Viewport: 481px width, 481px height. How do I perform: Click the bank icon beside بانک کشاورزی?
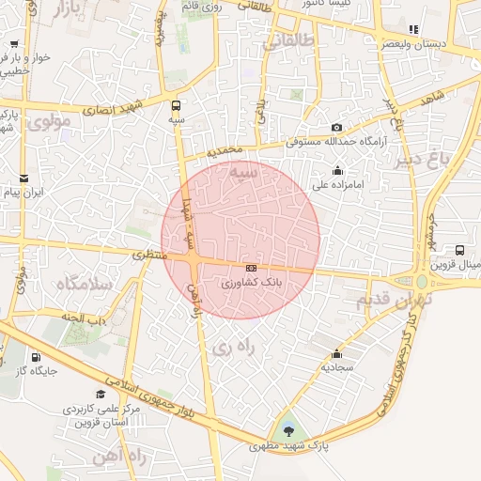tap(249, 268)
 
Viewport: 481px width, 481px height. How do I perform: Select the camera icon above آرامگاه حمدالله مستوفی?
tap(337, 128)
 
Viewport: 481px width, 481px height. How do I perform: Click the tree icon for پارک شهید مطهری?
tap(287, 431)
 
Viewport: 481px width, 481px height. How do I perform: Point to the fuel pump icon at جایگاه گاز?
tap(36, 357)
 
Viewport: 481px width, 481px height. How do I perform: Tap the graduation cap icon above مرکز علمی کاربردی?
tap(101, 395)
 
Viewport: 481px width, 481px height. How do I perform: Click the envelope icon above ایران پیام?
tap(23, 178)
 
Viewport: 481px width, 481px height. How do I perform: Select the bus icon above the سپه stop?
tap(177, 105)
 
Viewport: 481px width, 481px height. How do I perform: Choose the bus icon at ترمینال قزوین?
tap(459, 250)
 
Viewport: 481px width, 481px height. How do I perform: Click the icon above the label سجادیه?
tap(336, 353)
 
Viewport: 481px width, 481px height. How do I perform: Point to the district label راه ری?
tap(232, 347)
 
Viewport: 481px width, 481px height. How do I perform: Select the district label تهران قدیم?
tap(393, 300)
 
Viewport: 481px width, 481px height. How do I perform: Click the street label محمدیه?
tap(226, 150)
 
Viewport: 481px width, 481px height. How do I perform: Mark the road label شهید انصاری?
tap(112, 108)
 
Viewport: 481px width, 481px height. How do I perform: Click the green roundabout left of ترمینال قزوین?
tap(422, 281)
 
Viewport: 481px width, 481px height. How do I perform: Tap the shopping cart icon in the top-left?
tap(15, 43)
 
